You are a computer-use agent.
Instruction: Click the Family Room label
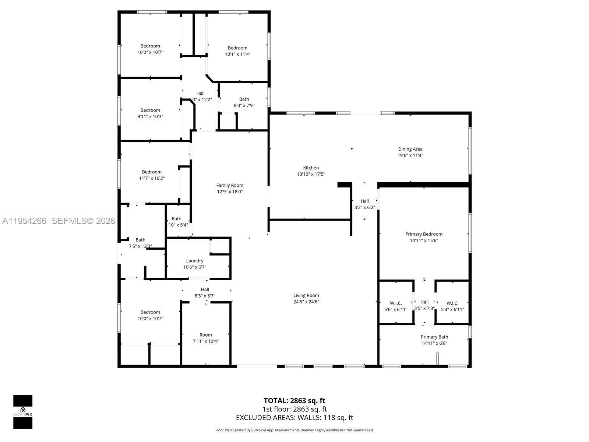[x=230, y=185]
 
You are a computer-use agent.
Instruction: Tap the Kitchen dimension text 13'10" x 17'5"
[x=311, y=174]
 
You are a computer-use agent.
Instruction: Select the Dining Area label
[x=410, y=149]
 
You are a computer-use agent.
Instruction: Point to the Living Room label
[x=306, y=295]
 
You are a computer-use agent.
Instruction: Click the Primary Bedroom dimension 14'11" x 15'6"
[x=424, y=241]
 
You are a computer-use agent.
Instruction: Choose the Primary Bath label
[x=434, y=337]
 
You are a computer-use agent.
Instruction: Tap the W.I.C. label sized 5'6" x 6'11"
[x=396, y=303]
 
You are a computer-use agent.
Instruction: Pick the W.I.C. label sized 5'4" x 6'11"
[x=452, y=303]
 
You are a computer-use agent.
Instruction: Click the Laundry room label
[x=195, y=261]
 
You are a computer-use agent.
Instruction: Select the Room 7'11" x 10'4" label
[x=206, y=335]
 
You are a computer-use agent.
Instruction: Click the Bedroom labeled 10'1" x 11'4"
[x=237, y=48]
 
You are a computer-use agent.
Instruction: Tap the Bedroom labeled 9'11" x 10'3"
[x=150, y=110]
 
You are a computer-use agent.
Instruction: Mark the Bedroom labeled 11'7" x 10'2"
[x=152, y=172]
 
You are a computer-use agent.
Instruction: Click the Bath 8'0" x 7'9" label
[x=244, y=99]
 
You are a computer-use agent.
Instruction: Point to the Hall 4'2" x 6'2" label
[x=364, y=201]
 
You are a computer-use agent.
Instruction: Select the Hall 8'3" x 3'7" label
[x=205, y=290]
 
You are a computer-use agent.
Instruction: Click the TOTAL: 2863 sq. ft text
[x=294, y=401]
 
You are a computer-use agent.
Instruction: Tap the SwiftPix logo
[x=23, y=412]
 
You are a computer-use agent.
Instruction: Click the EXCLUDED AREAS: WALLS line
[x=294, y=418]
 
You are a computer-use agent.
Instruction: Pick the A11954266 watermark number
[x=24, y=221]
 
